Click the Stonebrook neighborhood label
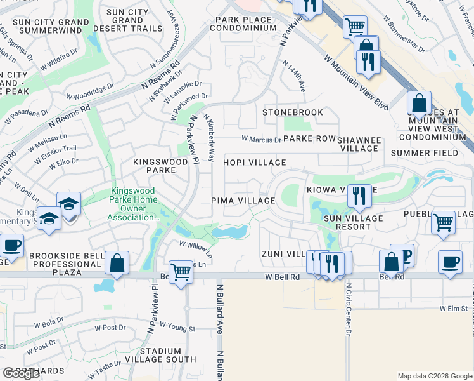[293, 112]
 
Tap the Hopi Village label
[254, 163]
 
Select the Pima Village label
[243, 201]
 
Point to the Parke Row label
[309, 139]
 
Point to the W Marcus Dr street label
[261, 140]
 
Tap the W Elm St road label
[454, 309]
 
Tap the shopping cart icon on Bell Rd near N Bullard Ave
[181, 271]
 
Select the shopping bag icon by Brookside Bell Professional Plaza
[117, 262]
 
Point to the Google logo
[21, 373]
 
